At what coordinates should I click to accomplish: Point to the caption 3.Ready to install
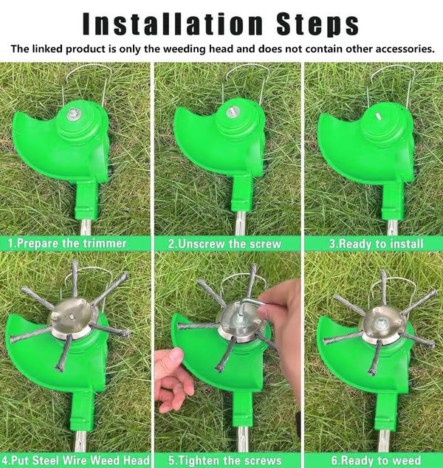point(376,243)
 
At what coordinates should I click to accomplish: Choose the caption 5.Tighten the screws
point(227,461)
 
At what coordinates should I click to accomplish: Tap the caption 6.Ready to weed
point(376,461)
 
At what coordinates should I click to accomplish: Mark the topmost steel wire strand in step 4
point(75,277)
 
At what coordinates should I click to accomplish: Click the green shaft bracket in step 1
point(87,198)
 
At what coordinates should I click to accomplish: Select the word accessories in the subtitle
point(401,49)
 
